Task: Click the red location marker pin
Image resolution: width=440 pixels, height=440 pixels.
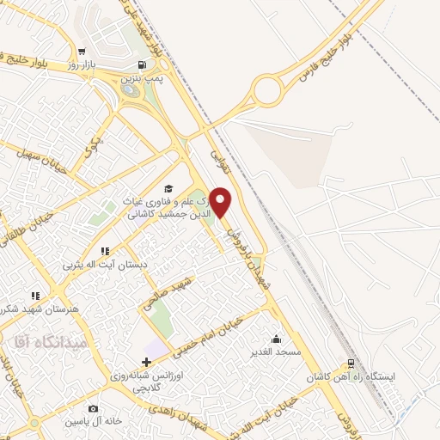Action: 222,201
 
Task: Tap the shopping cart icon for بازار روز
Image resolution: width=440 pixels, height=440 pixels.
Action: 81,51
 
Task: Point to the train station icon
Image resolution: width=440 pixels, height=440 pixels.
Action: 350,364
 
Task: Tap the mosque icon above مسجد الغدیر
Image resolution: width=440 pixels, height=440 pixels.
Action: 275,338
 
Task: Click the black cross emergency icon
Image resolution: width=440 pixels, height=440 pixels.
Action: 145,363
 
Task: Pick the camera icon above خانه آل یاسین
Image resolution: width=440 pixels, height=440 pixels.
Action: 93,408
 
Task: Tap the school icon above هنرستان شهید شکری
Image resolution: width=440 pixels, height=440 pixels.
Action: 35,295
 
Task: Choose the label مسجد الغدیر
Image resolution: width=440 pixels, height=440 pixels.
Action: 275,352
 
